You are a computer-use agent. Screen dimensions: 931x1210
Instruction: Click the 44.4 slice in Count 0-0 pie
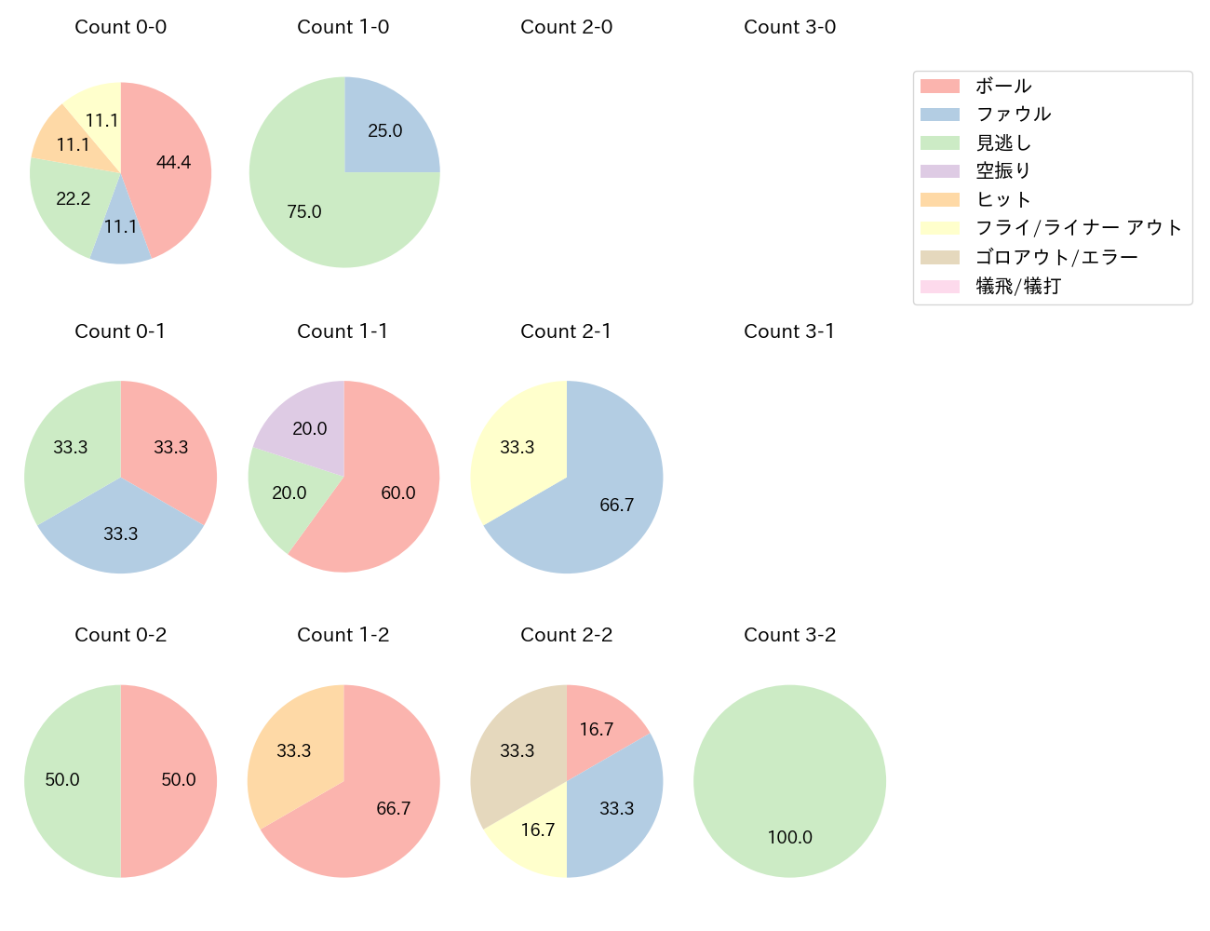pos(172,163)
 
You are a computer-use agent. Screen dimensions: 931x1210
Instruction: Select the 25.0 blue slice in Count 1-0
pos(383,131)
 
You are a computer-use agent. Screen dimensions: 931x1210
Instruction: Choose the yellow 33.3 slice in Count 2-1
pos(517,447)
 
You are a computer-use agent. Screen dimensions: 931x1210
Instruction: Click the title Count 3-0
pos(789,27)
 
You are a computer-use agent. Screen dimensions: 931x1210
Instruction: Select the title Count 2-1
pos(566,331)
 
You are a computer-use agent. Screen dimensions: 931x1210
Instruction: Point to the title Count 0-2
pos(121,635)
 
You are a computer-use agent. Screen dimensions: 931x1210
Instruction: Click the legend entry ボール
pos(1003,86)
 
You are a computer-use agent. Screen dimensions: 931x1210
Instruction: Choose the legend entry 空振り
pos(1003,171)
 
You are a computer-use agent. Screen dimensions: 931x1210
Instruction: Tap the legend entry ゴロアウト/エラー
pos(1056,257)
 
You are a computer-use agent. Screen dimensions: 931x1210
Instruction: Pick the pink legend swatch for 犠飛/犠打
pos(940,286)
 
